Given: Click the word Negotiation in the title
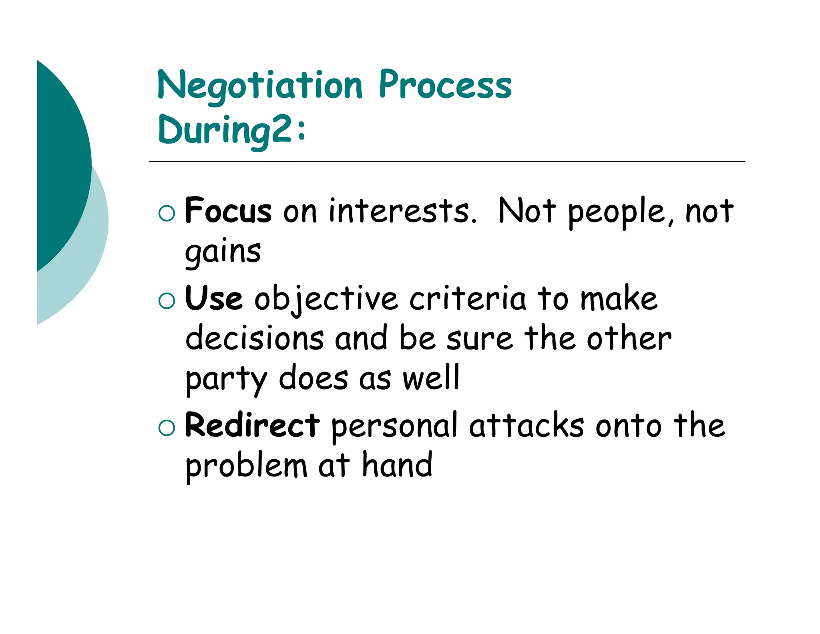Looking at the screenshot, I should click(x=260, y=86).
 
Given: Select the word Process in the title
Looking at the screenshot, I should click(x=445, y=85).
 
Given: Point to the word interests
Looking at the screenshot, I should click(x=402, y=211).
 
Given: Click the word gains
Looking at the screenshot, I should click(x=223, y=252).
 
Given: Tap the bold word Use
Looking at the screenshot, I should click(x=214, y=299).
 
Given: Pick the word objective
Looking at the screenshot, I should click(x=326, y=299).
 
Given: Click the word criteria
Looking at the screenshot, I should click(x=467, y=299).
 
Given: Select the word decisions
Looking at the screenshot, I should click(x=255, y=339).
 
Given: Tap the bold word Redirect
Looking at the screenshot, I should click(x=252, y=426).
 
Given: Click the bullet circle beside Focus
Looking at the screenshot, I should click(x=167, y=213).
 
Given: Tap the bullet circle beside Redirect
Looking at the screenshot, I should click(x=167, y=428).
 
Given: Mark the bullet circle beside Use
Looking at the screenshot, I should click(x=167, y=301).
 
